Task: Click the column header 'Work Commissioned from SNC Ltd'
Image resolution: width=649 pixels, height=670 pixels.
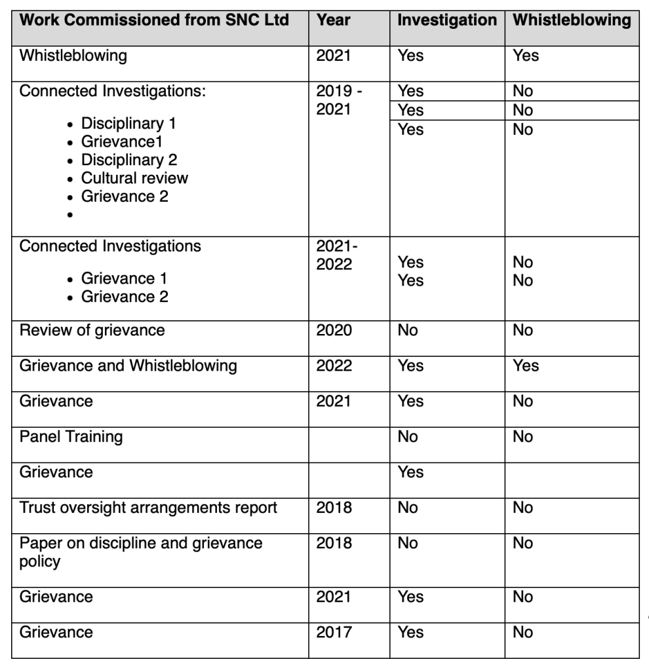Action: tap(154, 20)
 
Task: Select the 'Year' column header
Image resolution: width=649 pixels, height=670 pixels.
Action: tap(333, 20)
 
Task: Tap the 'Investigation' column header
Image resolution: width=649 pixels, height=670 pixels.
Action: tap(447, 20)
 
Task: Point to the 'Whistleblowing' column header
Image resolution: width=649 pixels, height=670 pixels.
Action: tap(572, 20)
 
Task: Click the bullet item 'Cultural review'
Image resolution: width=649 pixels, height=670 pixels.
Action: tap(134, 178)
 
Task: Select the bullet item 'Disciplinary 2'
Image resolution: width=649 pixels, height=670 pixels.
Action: tap(128, 160)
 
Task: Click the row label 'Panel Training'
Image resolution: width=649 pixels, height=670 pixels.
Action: tap(71, 436)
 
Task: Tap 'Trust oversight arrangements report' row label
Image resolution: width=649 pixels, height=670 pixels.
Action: tap(148, 508)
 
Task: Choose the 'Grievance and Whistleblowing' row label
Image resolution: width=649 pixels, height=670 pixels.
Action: tap(128, 365)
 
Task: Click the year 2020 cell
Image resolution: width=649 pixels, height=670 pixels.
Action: tap(334, 330)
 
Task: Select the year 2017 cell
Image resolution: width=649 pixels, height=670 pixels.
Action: tap(334, 632)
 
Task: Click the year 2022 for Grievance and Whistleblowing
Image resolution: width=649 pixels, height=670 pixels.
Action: tap(334, 365)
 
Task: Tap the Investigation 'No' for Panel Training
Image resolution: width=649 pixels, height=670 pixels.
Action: tap(408, 436)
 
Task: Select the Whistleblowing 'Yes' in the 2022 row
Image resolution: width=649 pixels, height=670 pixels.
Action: tap(526, 365)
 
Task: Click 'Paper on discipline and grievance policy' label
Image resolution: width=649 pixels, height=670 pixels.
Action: tap(140, 551)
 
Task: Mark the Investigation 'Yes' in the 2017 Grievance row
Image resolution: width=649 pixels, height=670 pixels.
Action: tap(410, 632)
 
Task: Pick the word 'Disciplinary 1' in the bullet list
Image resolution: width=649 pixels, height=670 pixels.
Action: tap(128, 123)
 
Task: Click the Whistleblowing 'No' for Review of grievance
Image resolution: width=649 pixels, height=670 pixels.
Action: tap(523, 330)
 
